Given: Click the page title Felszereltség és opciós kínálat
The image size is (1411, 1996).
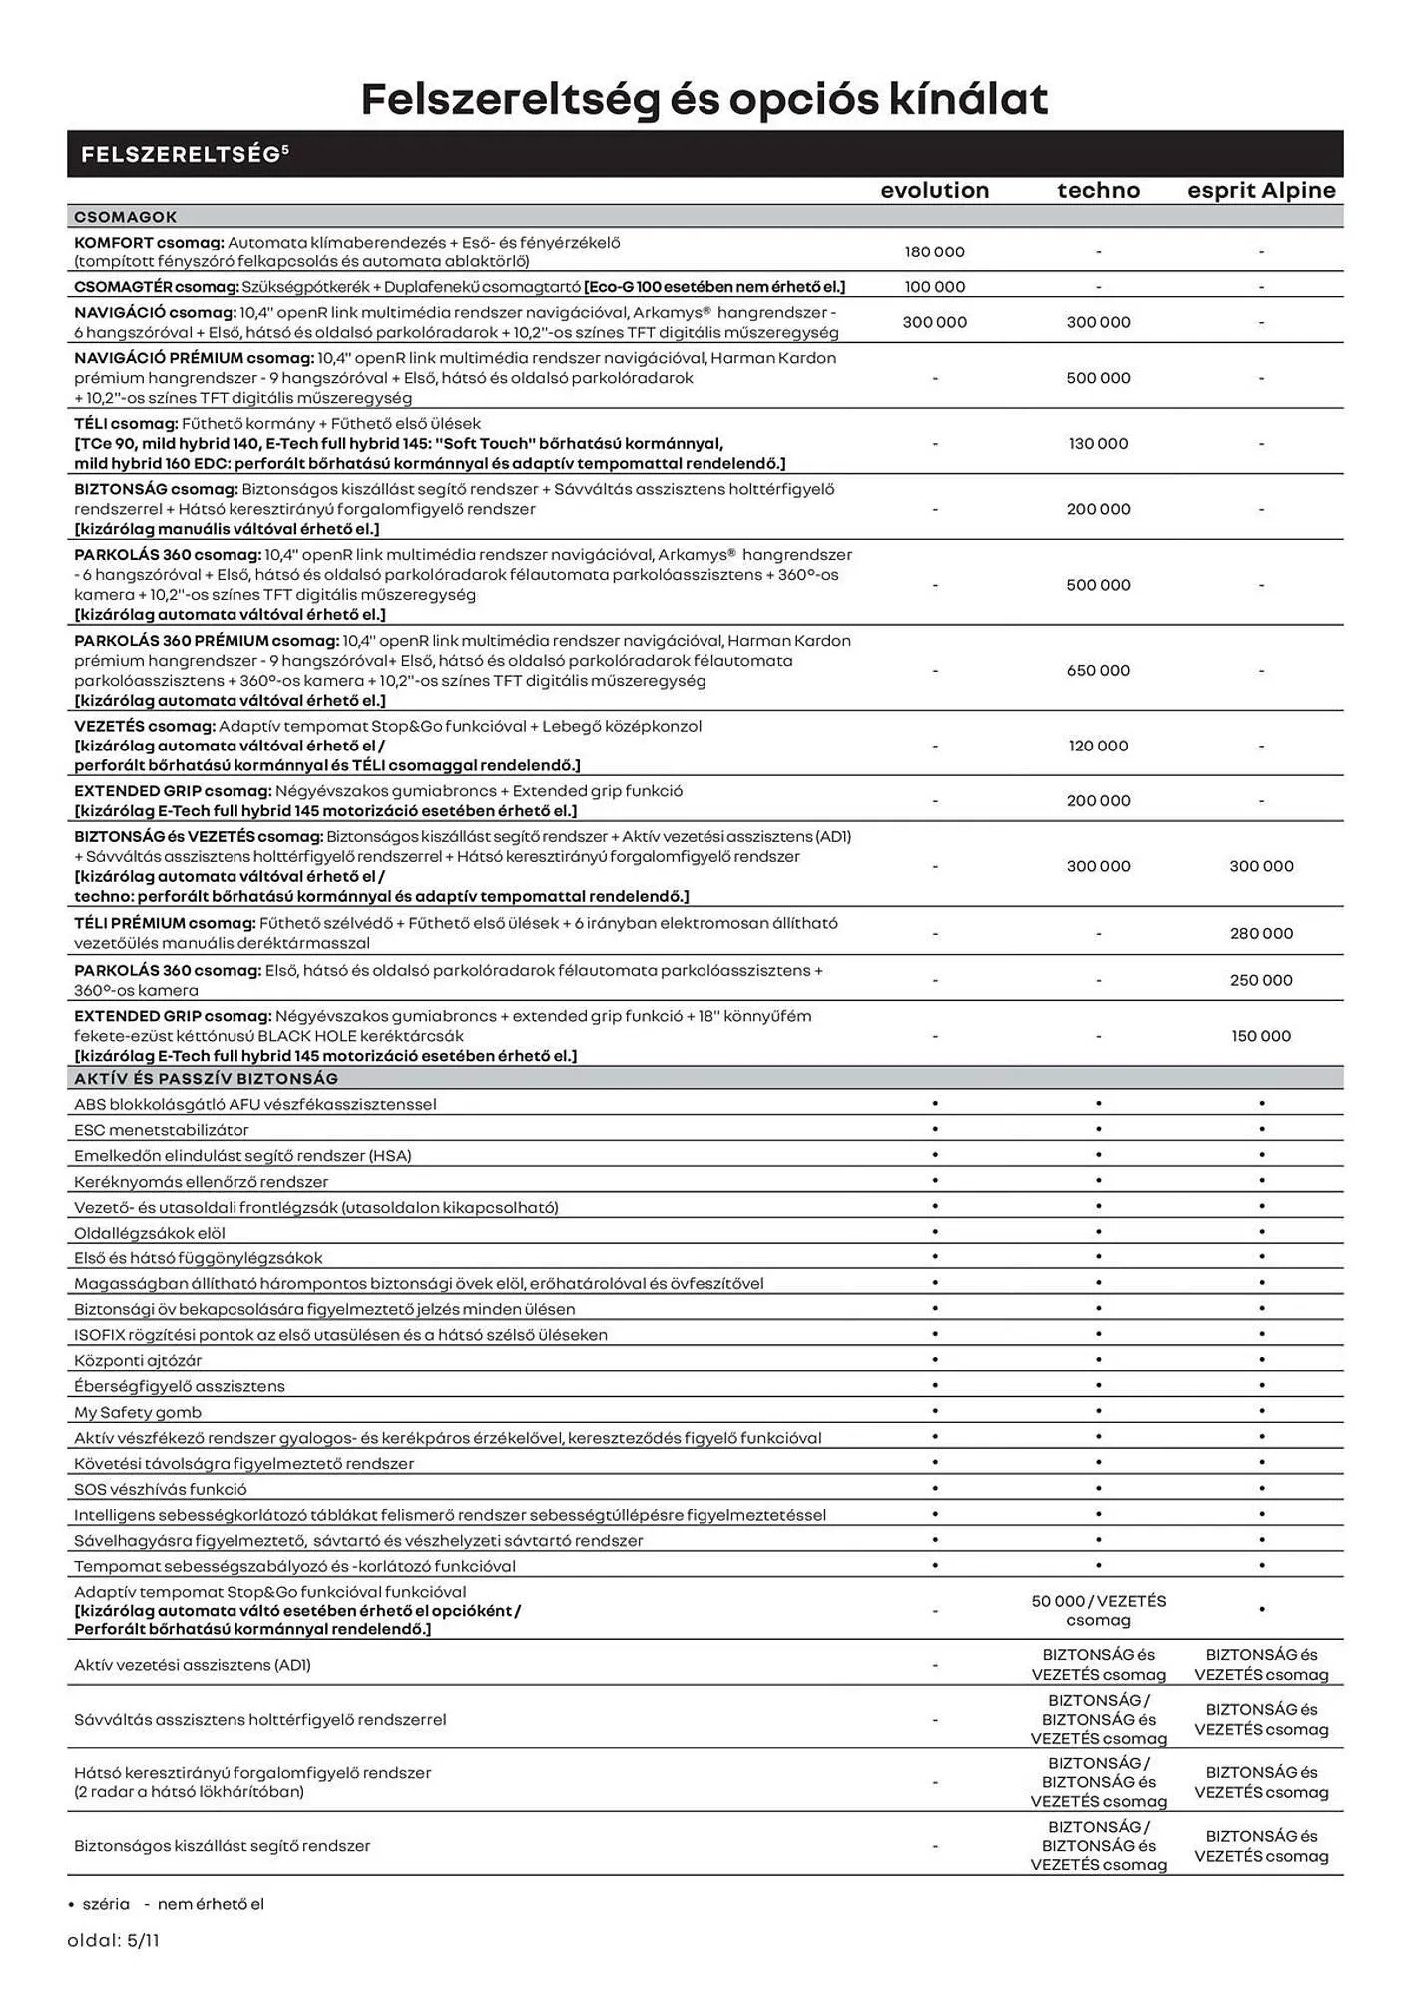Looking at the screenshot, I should pos(705,99).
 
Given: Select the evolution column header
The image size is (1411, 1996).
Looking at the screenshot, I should pos(934,190).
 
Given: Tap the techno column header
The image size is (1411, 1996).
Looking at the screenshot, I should pos(1098,190).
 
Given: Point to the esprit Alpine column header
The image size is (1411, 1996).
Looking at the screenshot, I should pos(1261,190).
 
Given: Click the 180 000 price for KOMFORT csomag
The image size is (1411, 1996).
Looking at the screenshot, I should pos(934,252).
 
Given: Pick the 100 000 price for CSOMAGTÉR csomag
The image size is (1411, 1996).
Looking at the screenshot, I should pos(934,287).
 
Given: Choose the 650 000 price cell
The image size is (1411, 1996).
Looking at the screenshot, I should pos(1098,671).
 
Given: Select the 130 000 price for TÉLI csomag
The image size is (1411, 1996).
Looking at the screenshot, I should pos(1098,444).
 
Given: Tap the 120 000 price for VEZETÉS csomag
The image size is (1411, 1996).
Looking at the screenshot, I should pos(1098,747).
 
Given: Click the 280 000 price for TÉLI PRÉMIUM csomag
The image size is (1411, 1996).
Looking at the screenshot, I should pos(1261,934).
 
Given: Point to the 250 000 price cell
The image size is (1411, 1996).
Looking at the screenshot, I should pos(1261,981).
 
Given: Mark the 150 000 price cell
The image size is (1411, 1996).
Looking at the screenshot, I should pos(1261,1036).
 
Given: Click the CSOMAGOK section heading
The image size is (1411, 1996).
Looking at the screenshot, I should pos(125,217).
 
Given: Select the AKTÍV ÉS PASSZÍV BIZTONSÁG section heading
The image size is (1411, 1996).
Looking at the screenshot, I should pos(206,1079).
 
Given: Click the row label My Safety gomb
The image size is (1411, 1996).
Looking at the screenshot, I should pos(137,1412).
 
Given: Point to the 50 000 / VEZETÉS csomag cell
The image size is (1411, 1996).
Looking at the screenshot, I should pos(1098,1610).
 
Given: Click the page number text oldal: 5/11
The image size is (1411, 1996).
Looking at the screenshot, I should pos(113,1941).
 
